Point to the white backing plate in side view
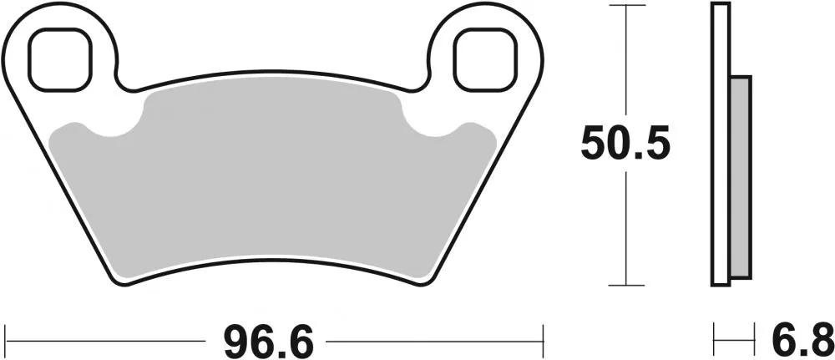721,142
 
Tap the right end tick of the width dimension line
544,341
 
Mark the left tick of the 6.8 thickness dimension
715,341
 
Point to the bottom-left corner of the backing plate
117,280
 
